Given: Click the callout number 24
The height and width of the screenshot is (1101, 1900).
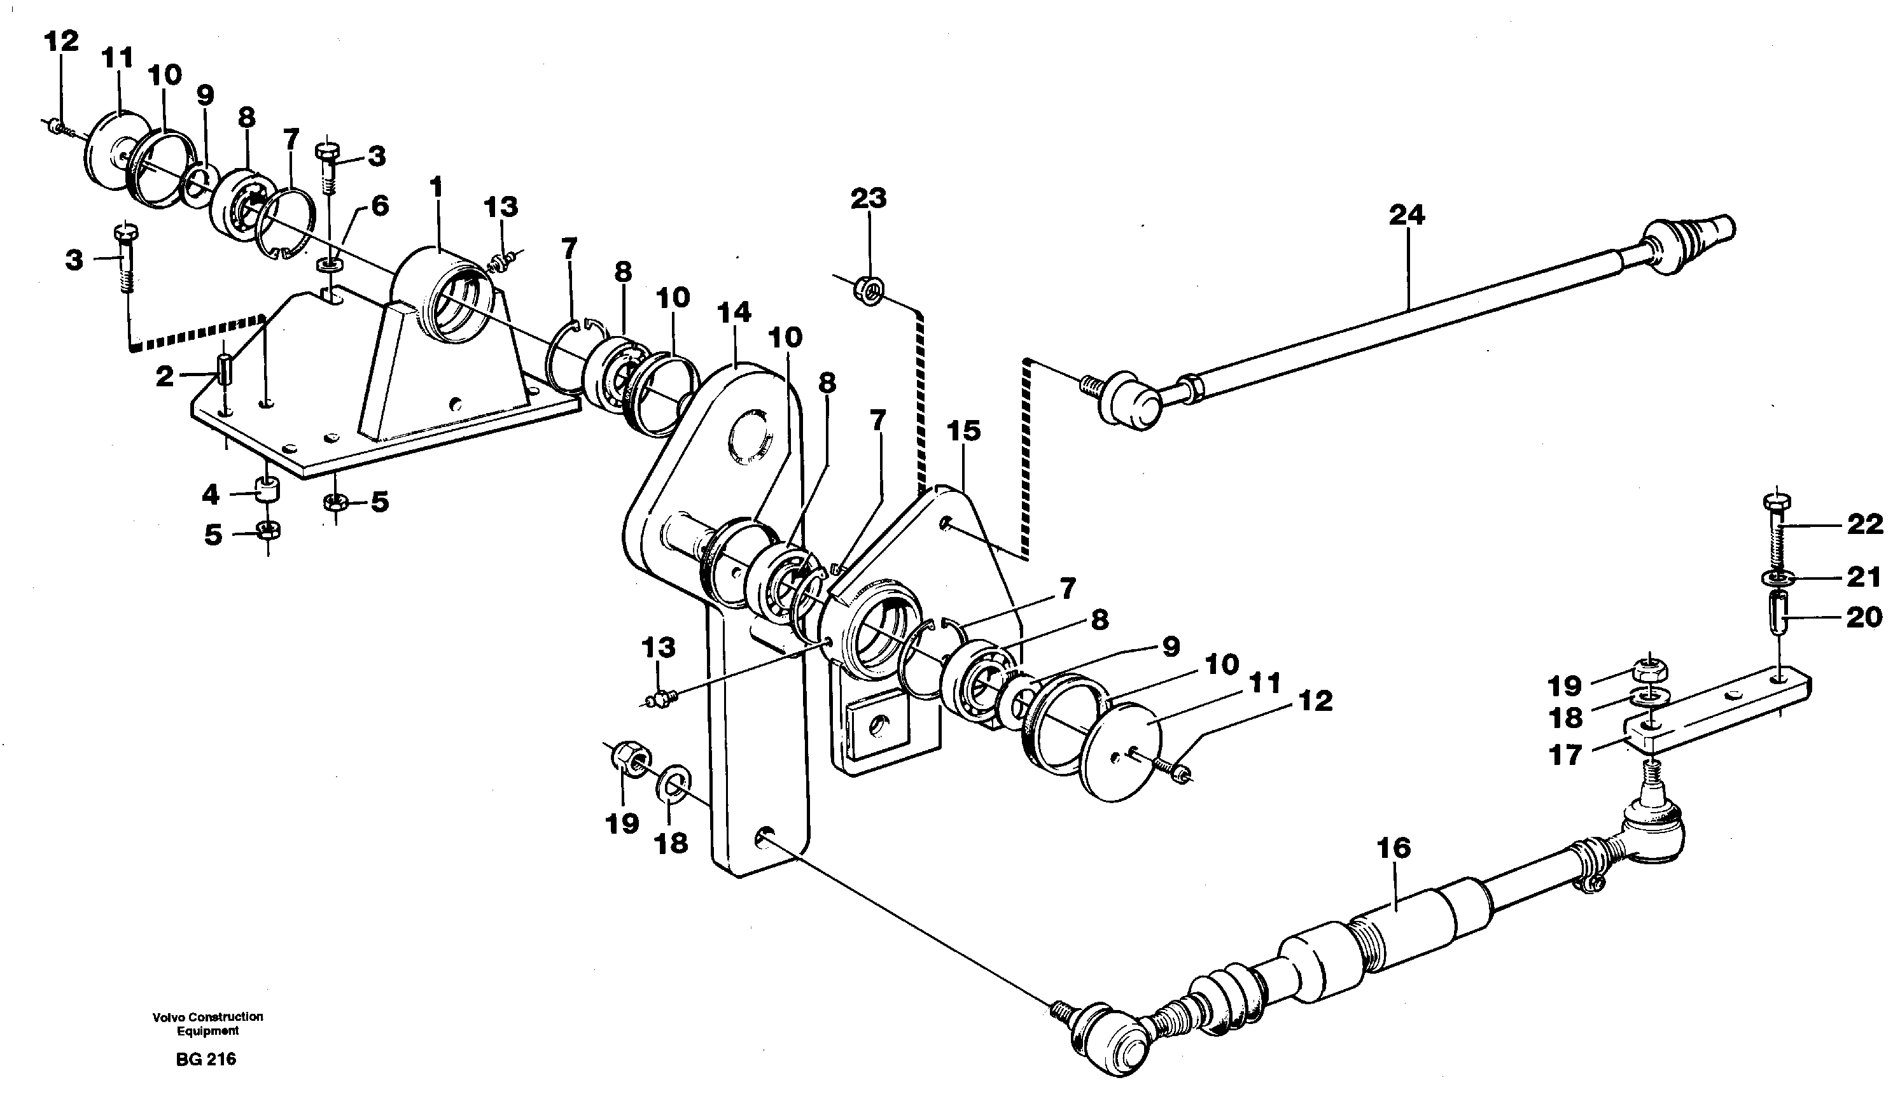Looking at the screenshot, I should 1406,216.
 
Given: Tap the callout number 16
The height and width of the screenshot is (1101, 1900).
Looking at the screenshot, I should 1394,848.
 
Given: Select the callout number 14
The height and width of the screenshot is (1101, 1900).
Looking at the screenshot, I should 734,312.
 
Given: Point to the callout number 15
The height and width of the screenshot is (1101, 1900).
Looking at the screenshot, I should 963,431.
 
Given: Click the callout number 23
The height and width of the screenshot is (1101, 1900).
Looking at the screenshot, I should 868,199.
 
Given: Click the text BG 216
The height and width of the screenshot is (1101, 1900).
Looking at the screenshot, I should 206,1060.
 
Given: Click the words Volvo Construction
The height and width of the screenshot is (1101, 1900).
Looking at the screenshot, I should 207,1016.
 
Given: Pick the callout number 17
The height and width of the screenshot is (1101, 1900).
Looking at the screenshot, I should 1565,754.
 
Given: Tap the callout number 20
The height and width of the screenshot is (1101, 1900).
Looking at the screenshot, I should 1864,617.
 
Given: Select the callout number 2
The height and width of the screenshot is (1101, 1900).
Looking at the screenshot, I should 165,376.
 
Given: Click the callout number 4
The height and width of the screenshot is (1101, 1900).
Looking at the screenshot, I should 209,495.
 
